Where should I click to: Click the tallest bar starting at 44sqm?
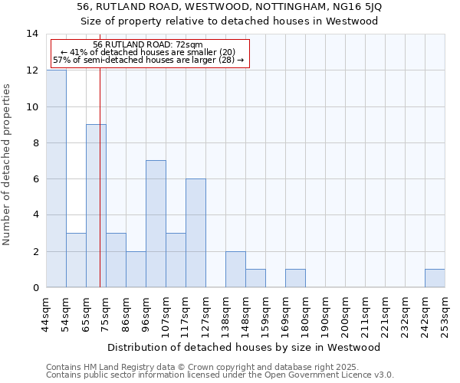(x=56, y=178)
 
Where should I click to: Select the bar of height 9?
(x=96, y=205)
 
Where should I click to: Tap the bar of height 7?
(x=156, y=224)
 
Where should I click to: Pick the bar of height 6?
(x=195, y=233)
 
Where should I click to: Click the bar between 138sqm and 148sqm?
(x=235, y=269)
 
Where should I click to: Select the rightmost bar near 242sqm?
(x=435, y=278)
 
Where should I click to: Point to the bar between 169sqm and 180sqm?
(x=295, y=278)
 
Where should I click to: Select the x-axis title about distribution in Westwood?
(x=245, y=348)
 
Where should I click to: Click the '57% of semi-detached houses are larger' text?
(x=148, y=60)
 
